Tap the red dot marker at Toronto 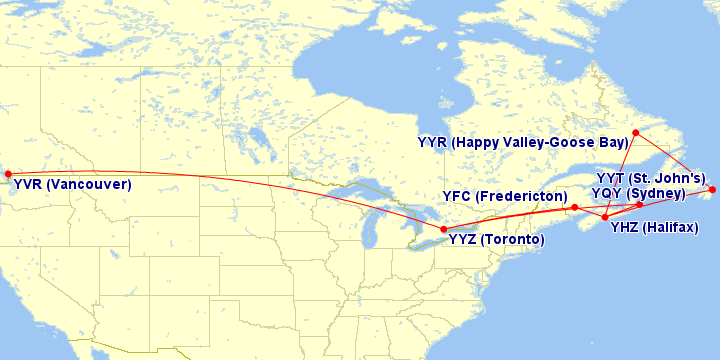pyautogui.click(x=444, y=230)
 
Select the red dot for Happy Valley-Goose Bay pyautogui.click(x=636, y=132)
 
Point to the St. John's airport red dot pyautogui.click(x=712, y=189)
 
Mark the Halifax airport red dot pyautogui.click(x=605, y=217)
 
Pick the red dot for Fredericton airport pyautogui.click(x=574, y=208)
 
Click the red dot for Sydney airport pyautogui.click(x=640, y=205)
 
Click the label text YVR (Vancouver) pyautogui.click(x=72, y=185)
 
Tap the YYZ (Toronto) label pyautogui.click(x=496, y=241)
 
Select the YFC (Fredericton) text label pyautogui.click(x=504, y=196)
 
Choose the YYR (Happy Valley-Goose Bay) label pyautogui.click(x=523, y=143)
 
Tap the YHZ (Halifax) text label pyautogui.click(x=654, y=228)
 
